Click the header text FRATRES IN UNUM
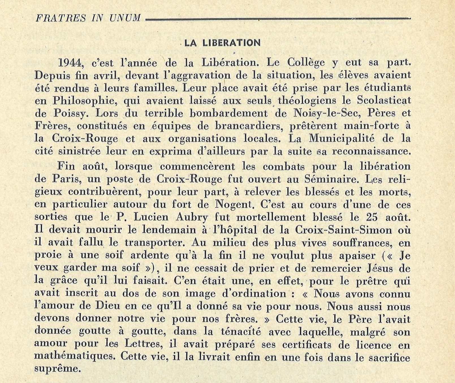(88, 18)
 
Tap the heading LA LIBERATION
(222, 43)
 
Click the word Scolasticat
(384, 100)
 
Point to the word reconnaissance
(371, 151)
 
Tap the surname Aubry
(192, 217)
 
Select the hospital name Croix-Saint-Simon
(343, 230)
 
